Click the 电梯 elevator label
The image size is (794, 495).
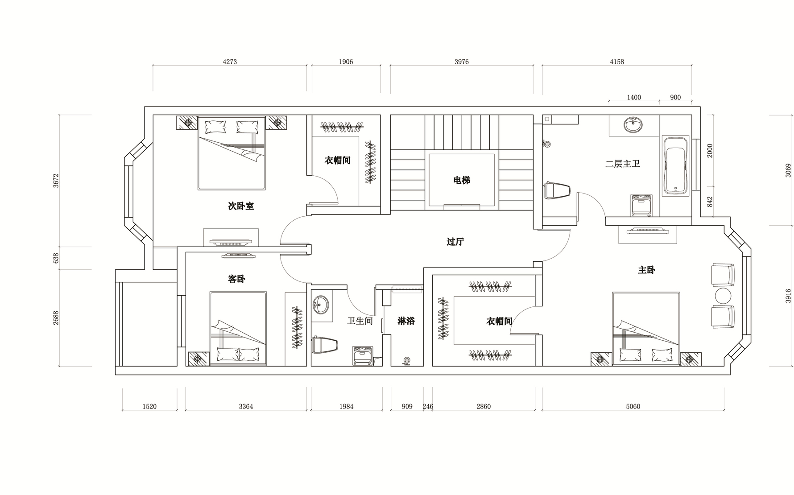click(462, 181)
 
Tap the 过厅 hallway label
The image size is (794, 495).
click(455, 242)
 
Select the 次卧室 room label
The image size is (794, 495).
click(241, 206)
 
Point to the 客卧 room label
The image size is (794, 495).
click(236, 279)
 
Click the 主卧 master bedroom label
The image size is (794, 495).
click(646, 270)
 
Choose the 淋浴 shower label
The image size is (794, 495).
click(406, 321)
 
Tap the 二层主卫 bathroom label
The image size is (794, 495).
click(623, 164)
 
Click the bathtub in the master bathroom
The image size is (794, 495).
click(676, 165)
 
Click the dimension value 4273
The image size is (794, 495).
click(230, 62)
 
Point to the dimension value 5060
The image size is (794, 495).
click(633, 406)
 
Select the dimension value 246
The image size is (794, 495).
click(428, 406)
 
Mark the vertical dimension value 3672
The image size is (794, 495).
click(56, 181)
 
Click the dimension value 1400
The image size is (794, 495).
click(633, 97)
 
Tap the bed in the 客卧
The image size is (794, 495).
click(238, 329)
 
